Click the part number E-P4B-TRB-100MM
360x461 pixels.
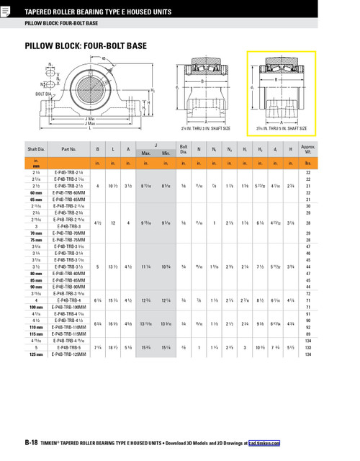coord(69,307)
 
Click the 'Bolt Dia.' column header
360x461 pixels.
coord(184,150)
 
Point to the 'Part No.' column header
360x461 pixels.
coord(69,150)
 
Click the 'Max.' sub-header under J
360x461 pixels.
coord(145,153)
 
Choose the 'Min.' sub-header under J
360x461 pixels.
coord(166,153)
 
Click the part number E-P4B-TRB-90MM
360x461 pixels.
coord(69,286)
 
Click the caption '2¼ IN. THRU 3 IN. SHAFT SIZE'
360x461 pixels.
coord(205,128)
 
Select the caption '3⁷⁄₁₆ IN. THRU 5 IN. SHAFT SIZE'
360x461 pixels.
coord(276,128)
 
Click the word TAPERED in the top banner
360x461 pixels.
coord(42,11)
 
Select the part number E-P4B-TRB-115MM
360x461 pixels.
coord(69,334)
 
